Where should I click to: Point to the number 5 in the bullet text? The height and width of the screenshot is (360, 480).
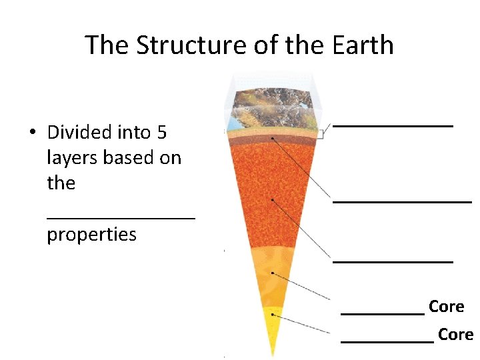162,133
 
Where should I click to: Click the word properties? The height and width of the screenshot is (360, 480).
91,235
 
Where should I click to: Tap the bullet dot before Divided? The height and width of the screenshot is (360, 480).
32,131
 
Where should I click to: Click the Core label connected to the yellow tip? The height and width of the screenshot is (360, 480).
455,334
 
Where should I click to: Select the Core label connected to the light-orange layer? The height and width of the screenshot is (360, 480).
446,307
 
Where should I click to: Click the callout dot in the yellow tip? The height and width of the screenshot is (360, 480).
272,315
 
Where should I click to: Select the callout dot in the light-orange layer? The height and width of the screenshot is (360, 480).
273,273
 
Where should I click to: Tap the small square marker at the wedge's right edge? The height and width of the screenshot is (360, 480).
319,134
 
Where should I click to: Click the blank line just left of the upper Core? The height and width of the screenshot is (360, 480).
383,312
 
